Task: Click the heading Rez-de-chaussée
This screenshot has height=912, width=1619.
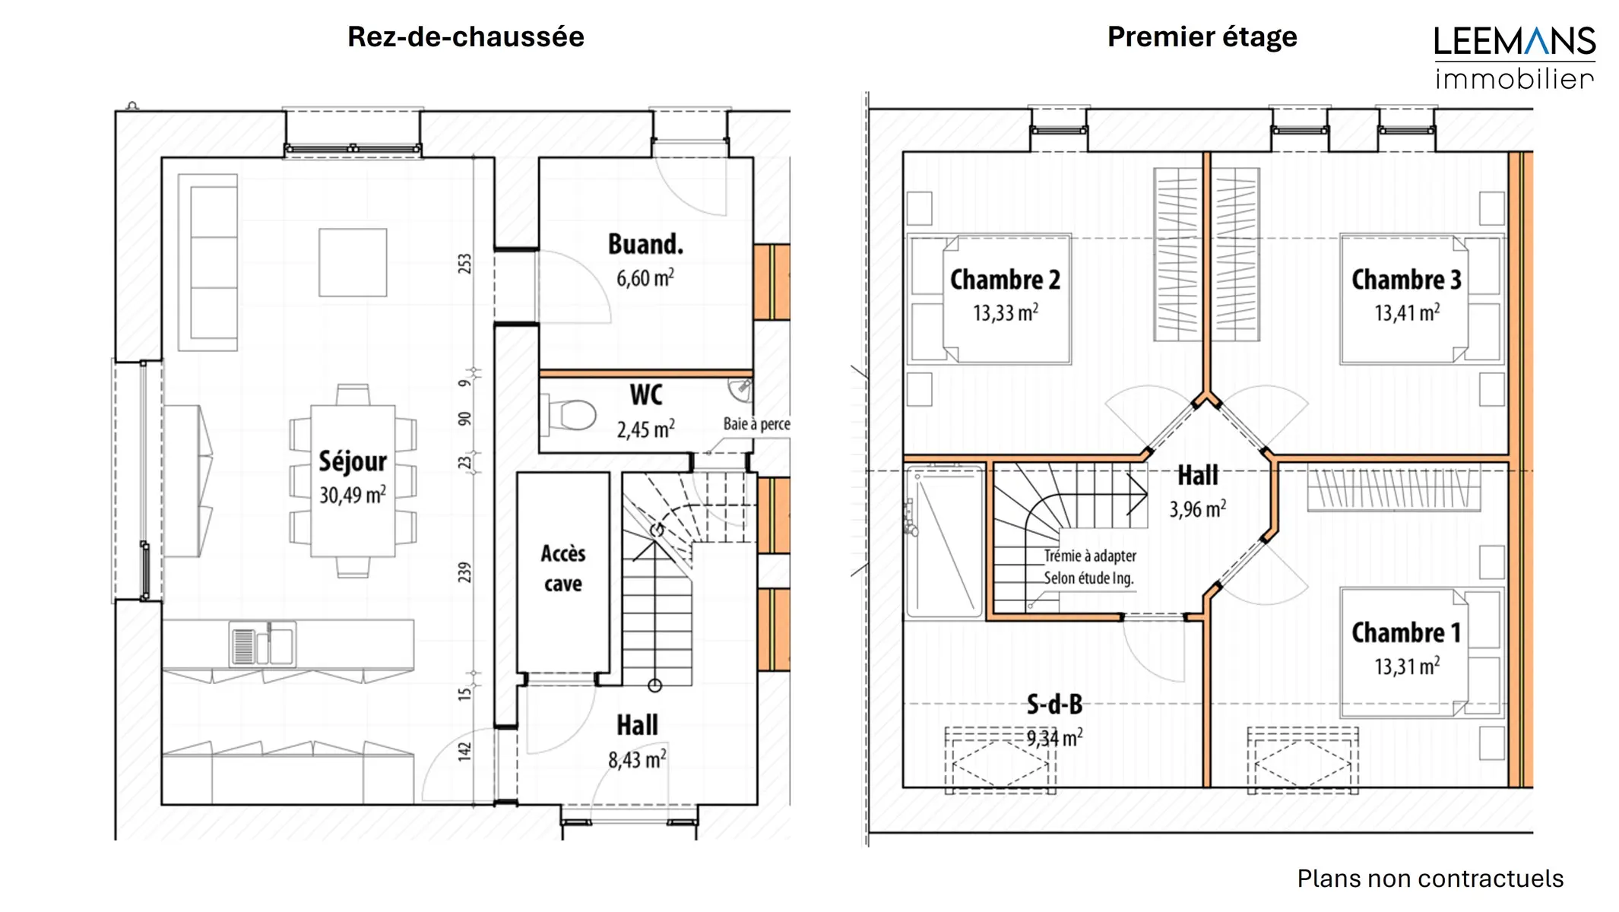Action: click(465, 37)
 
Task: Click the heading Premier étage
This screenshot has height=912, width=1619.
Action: click(1202, 37)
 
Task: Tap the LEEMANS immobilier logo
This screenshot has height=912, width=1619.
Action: click(1514, 58)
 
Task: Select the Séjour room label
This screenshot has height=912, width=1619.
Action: click(353, 461)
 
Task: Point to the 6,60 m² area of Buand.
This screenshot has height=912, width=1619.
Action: click(645, 278)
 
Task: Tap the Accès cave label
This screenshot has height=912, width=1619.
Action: click(563, 568)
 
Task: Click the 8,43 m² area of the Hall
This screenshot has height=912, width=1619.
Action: click(637, 759)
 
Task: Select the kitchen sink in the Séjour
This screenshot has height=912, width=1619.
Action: click(262, 644)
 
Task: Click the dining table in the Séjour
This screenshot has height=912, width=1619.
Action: click(353, 481)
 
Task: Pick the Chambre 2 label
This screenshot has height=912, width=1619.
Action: click(1005, 280)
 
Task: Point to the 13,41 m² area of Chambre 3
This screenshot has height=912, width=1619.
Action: click(1407, 312)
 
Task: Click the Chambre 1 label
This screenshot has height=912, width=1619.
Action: click(1406, 632)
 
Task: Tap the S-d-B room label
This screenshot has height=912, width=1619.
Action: click(1054, 705)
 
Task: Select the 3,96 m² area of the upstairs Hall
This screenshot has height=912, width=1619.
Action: click(1198, 509)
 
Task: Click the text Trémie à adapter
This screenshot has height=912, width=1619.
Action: click(1090, 556)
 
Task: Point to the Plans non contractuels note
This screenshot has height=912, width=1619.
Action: click(1430, 879)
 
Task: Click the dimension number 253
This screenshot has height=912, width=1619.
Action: click(464, 264)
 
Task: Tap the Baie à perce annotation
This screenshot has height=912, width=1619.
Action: click(756, 424)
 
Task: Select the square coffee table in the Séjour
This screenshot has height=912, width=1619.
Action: click(353, 262)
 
